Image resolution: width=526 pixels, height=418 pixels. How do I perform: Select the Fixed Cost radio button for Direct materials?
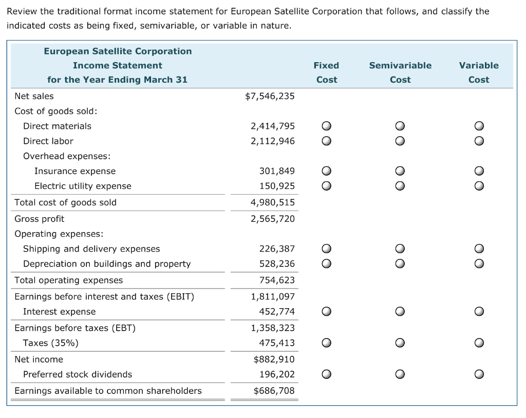click(326, 126)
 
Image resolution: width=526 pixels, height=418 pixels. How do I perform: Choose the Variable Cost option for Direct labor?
click(478, 141)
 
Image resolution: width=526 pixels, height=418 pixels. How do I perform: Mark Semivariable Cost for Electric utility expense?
click(400, 186)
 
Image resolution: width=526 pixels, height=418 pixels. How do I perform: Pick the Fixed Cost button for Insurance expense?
click(326, 171)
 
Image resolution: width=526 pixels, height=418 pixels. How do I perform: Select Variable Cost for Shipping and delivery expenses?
click(478, 249)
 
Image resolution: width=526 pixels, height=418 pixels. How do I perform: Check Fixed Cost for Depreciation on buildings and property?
click(326, 264)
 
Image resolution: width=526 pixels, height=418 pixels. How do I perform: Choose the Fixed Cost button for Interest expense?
click(326, 312)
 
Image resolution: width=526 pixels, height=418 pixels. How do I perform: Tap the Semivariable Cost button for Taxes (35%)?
click(400, 343)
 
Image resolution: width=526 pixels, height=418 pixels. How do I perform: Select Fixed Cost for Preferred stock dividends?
click(326, 374)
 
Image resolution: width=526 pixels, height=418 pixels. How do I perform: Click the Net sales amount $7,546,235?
click(270, 96)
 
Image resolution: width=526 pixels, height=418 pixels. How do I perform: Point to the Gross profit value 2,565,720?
click(273, 219)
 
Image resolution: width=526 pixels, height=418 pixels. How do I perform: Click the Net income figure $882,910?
click(274, 359)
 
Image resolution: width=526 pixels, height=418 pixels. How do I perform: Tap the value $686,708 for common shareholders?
click(274, 391)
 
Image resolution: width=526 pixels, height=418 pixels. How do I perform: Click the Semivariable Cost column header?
click(400, 72)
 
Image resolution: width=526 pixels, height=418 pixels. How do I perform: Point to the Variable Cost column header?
click(479, 72)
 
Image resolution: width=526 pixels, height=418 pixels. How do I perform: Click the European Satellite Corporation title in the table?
click(118, 51)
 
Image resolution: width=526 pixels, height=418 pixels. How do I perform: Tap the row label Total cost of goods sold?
click(66, 202)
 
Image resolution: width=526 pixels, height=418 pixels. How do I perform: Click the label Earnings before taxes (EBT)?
click(75, 328)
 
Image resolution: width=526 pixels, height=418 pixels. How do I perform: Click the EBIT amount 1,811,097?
click(273, 296)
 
